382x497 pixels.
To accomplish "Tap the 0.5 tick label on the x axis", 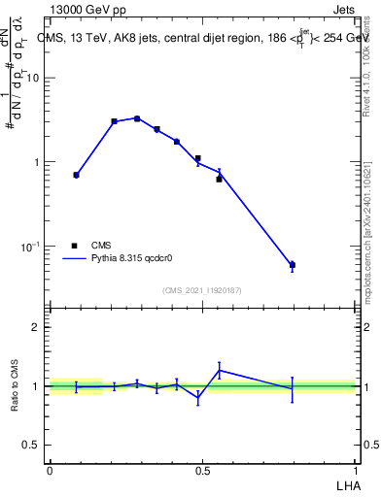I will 202,470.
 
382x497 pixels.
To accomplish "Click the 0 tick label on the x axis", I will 49,470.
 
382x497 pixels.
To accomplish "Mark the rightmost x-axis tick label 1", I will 356,470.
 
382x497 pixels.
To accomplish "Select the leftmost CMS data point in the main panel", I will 76,175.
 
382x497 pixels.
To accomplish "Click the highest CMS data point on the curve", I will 137,118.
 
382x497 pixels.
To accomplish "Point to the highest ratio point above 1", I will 220,370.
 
